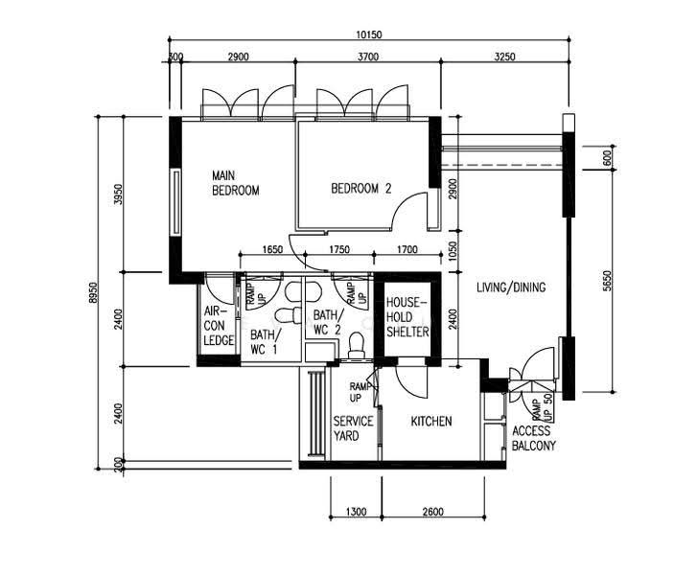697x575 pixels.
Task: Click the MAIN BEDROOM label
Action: pos(235,183)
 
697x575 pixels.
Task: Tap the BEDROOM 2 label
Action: pos(360,189)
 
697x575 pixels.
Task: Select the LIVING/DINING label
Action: pos(511,287)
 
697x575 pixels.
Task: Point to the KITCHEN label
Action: pos(431,421)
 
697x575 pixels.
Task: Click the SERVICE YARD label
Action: pos(354,428)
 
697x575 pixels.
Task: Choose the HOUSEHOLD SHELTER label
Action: pos(407,317)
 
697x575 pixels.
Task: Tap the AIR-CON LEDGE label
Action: pos(219,326)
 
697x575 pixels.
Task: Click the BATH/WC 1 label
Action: pos(266,342)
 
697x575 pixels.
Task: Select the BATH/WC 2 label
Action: pos(328,322)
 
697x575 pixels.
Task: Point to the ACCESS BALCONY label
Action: pos(533,438)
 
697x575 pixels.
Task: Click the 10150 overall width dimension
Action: pos(369,34)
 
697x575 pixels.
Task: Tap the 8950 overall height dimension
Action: pos(92,292)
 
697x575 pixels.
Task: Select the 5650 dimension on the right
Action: pos(607,281)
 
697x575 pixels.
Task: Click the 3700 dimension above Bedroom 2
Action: pos(368,57)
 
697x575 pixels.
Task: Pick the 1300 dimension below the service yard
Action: pos(356,512)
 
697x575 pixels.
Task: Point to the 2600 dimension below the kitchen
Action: pos(433,512)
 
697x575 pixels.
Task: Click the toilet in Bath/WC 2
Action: pos(356,345)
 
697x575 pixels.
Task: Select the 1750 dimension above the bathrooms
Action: pos(338,249)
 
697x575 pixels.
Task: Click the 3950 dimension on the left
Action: pos(118,194)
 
